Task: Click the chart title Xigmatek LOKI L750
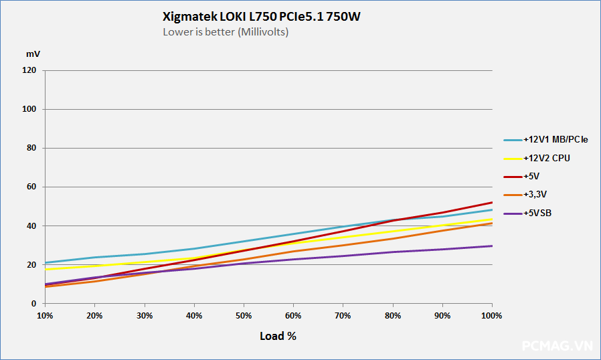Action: pos(262,17)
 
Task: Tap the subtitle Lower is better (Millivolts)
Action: pos(226,31)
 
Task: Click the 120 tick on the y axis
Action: pos(29,70)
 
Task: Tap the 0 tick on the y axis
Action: pos(34,304)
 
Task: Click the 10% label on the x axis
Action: pos(45,315)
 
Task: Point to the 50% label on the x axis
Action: pos(244,315)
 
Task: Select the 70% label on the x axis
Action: pos(343,315)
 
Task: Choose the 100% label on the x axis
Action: pos(492,315)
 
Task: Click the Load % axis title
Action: pos(278,336)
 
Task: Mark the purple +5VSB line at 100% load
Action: pos(492,246)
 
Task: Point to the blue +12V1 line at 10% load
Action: pos(46,262)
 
